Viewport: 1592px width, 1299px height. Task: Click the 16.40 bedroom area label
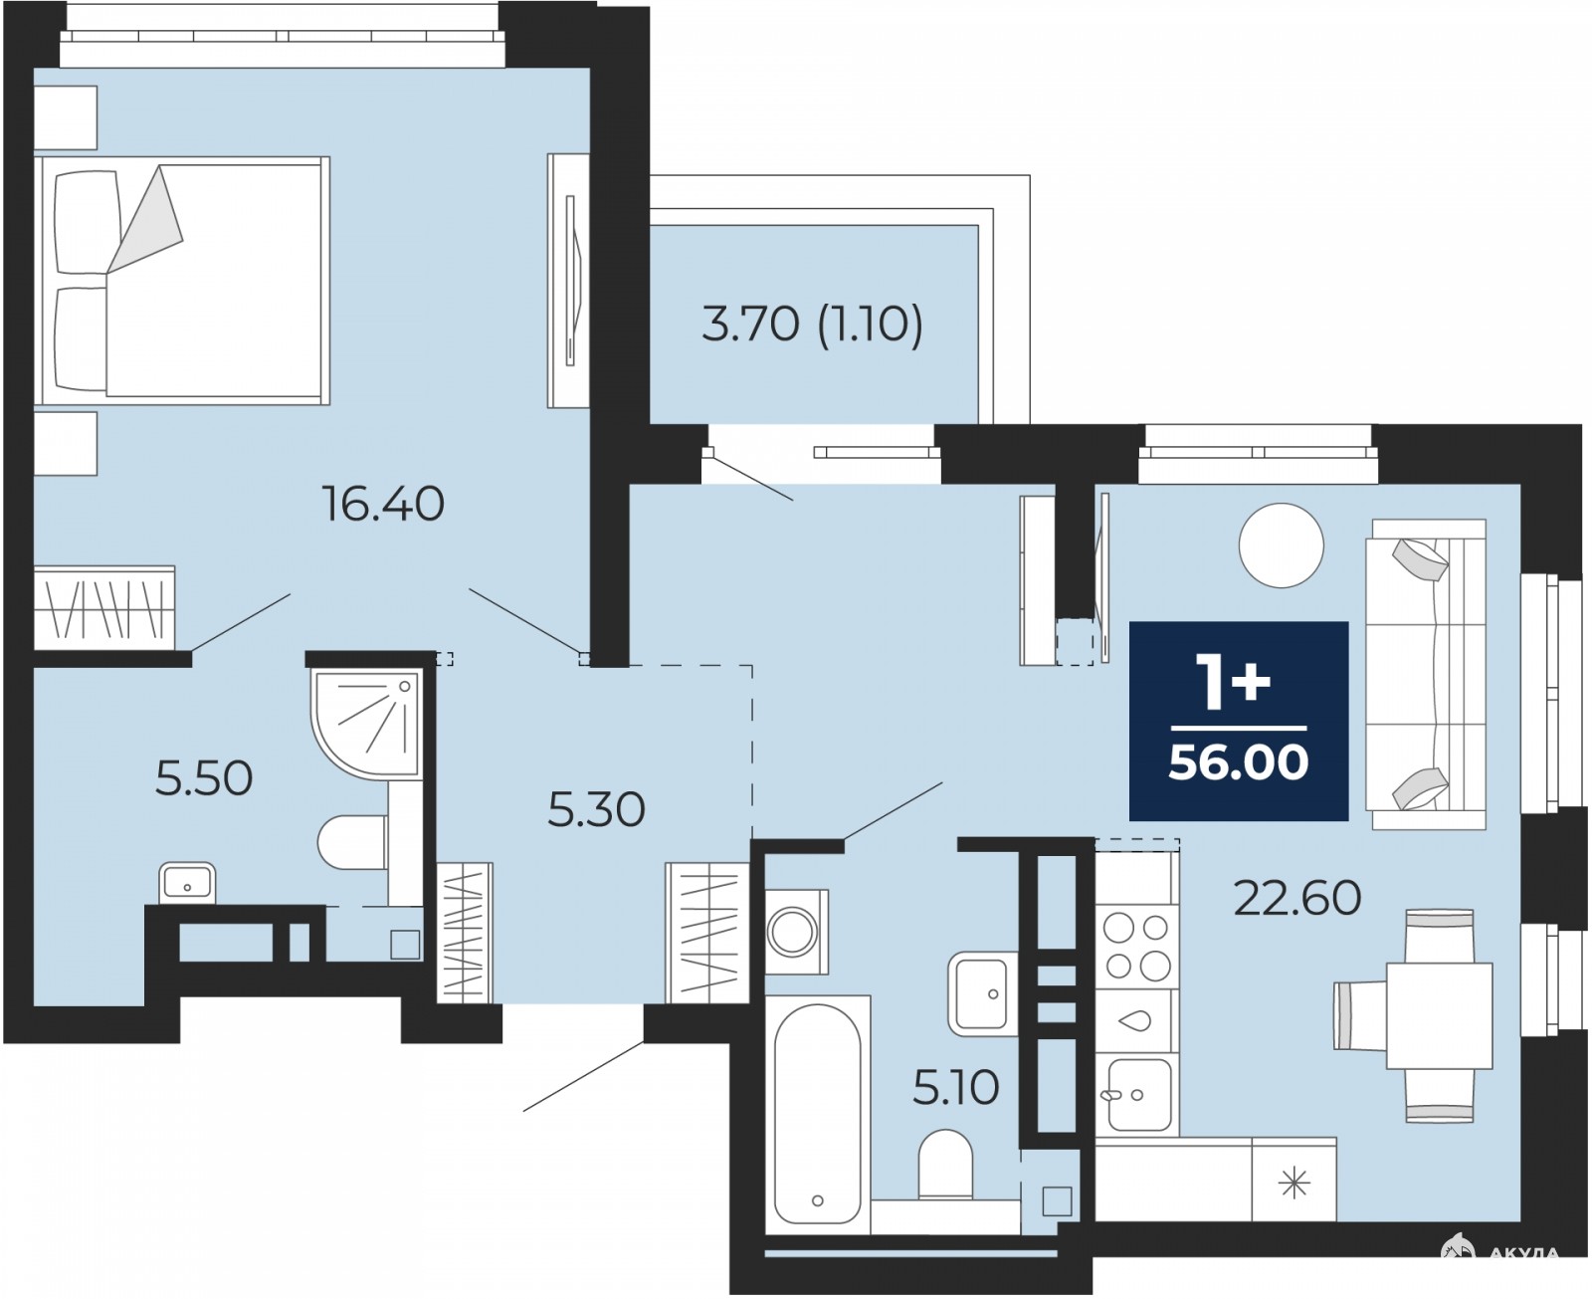(x=383, y=504)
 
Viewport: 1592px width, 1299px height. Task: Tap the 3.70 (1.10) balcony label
(x=812, y=325)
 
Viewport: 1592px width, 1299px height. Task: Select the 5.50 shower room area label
(x=204, y=778)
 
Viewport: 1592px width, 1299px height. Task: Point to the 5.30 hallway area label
(x=596, y=809)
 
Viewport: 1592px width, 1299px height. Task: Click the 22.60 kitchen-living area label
(x=1296, y=898)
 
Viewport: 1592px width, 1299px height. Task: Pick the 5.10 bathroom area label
(x=955, y=1088)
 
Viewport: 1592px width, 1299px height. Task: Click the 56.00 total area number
(x=1239, y=761)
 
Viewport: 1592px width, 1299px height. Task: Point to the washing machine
(x=796, y=932)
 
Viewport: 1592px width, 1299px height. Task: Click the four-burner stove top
(x=1137, y=947)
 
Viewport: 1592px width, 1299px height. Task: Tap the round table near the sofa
(x=1281, y=544)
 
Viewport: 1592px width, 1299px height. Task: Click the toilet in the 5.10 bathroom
(x=945, y=1165)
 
